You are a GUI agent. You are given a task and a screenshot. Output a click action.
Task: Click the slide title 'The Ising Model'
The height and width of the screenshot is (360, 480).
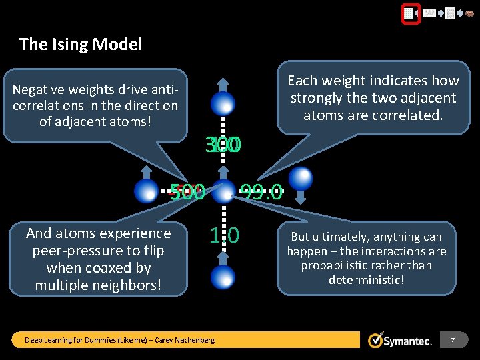click(81, 45)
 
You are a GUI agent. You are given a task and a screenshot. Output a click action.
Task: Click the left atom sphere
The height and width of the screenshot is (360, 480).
click(146, 191)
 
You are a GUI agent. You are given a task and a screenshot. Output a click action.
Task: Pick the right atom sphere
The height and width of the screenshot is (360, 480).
click(301, 178)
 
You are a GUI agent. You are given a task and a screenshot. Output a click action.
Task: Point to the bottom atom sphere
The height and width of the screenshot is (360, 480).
click(223, 276)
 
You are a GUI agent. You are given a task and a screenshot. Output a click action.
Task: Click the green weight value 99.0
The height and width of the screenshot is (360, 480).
click(262, 193)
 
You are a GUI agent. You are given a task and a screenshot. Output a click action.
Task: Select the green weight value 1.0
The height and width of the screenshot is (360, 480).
click(224, 235)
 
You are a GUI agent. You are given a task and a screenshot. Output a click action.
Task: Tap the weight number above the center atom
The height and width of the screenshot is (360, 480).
click(224, 145)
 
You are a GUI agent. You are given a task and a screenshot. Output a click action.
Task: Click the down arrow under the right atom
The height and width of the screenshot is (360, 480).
click(301, 197)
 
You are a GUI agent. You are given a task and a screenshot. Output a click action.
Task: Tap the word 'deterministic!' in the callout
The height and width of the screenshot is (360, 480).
click(366, 279)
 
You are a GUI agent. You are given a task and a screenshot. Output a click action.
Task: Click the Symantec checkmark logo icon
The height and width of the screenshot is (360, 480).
click(375, 340)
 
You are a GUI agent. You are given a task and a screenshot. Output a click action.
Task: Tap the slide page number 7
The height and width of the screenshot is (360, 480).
click(453, 340)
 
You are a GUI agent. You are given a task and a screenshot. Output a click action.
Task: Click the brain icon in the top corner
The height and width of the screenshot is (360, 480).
click(470, 12)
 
